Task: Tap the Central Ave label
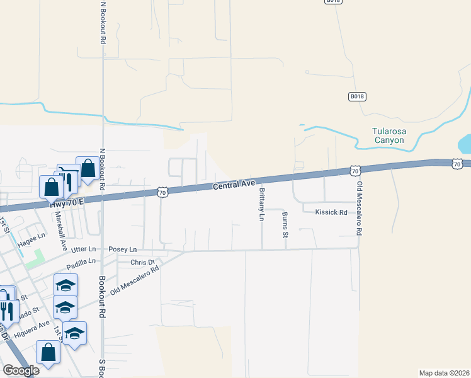coord(233,185)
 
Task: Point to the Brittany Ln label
coord(261,204)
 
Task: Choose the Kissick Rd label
coord(331,212)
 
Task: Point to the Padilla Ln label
coord(83,261)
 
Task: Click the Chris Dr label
coord(142,262)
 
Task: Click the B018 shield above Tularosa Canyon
coord(358,96)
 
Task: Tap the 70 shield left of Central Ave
coord(162,193)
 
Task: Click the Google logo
coord(21,370)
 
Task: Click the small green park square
coord(36,256)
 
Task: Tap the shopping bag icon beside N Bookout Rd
coord(88,169)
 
